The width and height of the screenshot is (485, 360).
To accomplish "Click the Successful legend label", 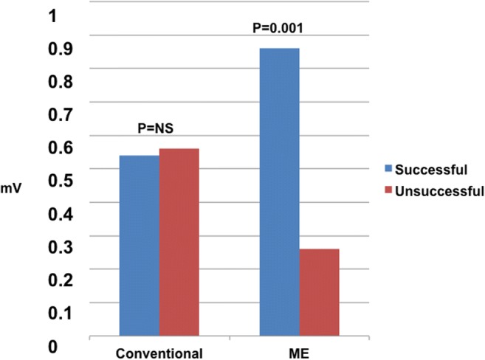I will pyautogui.click(x=431, y=170).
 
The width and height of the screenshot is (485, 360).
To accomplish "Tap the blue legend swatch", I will pyautogui.click(x=387, y=170).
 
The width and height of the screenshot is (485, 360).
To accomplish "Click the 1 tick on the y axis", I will pyautogui.click(x=52, y=14).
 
